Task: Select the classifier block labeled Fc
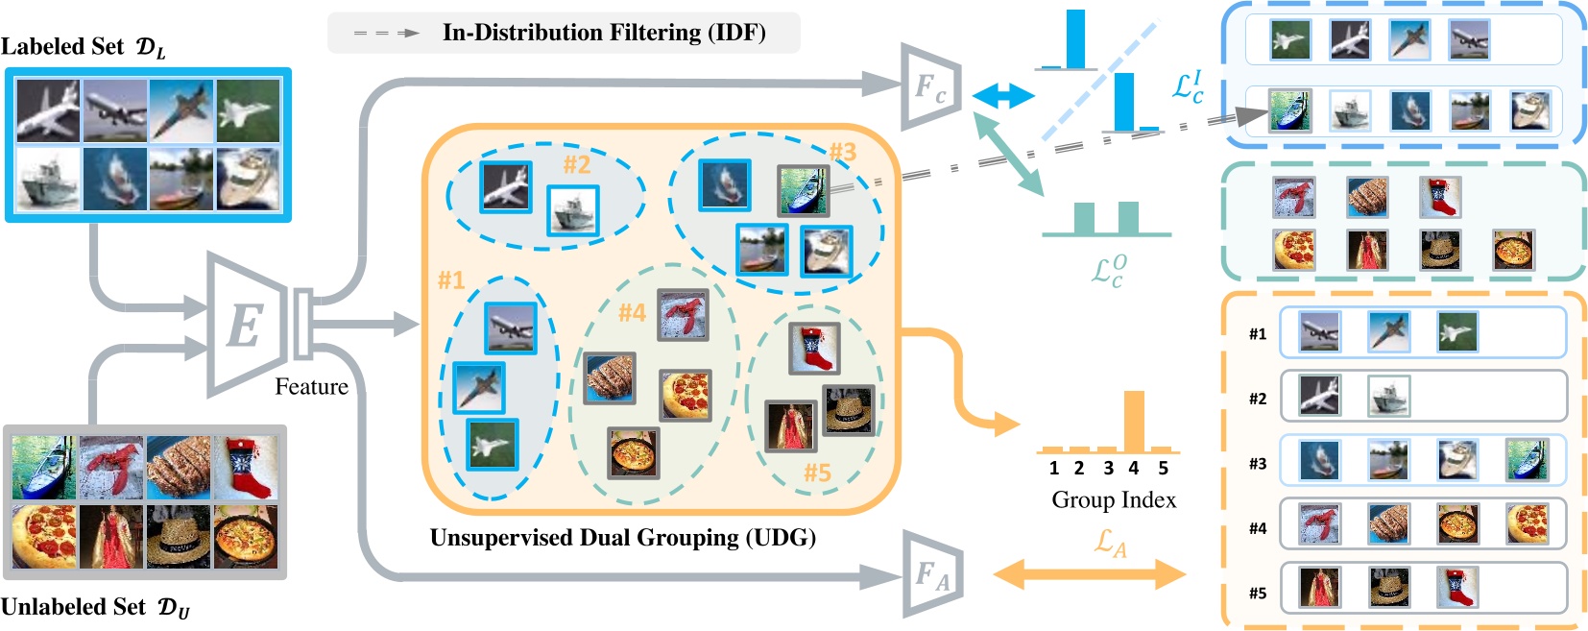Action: (x=930, y=88)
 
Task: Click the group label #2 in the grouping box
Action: (x=576, y=164)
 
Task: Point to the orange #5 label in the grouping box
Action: (x=817, y=473)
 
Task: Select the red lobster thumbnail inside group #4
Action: (x=683, y=314)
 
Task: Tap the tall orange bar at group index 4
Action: (x=1134, y=419)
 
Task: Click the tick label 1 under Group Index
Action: (x=1054, y=469)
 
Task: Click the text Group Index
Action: (x=1114, y=499)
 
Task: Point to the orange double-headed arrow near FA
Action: (x=1089, y=575)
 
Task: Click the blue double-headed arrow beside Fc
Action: (x=1003, y=95)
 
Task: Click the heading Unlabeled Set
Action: (x=73, y=607)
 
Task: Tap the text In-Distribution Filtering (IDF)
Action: (x=604, y=33)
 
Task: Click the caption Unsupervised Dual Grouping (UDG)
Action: (x=623, y=537)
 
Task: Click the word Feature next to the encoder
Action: (x=311, y=387)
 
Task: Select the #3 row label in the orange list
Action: (x=1258, y=464)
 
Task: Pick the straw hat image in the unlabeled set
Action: (x=179, y=537)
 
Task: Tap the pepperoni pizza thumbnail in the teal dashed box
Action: (x=1293, y=251)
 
